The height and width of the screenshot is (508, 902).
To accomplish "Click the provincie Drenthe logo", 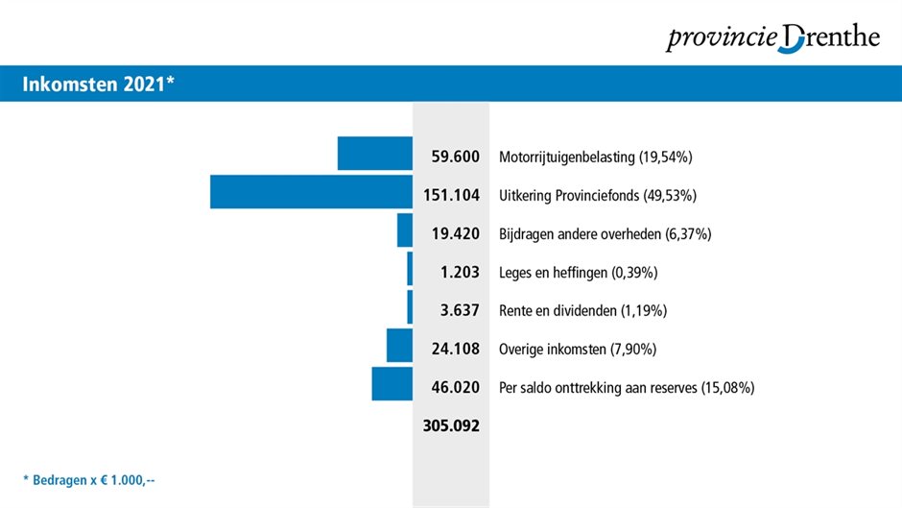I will click(x=772, y=38).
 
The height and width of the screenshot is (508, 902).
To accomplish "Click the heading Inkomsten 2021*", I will click(x=97, y=85).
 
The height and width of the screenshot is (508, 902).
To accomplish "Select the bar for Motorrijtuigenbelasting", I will click(x=374, y=154).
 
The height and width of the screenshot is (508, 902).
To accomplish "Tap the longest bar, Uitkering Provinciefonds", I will click(x=311, y=192).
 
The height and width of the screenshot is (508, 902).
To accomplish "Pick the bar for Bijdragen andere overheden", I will click(x=404, y=230).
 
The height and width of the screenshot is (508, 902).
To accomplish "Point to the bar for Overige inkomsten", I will click(x=399, y=346).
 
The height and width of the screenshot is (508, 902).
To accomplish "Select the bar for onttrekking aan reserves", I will click(x=392, y=384).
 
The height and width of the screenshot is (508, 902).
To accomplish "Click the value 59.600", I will click(x=455, y=157).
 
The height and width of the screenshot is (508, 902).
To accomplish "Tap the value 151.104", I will click(x=451, y=195).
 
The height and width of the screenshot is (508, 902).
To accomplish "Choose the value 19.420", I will click(x=455, y=233).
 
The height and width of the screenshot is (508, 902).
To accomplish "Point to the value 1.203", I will click(x=460, y=272).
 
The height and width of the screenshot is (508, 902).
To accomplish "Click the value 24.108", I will click(x=455, y=349).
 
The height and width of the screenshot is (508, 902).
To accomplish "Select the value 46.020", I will click(x=455, y=387).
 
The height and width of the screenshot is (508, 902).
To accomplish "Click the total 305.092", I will click(x=451, y=425).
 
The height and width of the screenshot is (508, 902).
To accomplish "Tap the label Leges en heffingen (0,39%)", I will click(x=578, y=273).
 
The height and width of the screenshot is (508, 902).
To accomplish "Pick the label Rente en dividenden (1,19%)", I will click(x=582, y=311).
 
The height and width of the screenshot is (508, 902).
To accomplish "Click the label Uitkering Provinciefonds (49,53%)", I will click(x=598, y=196).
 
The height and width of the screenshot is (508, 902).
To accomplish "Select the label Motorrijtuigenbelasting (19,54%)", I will click(x=596, y=157).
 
